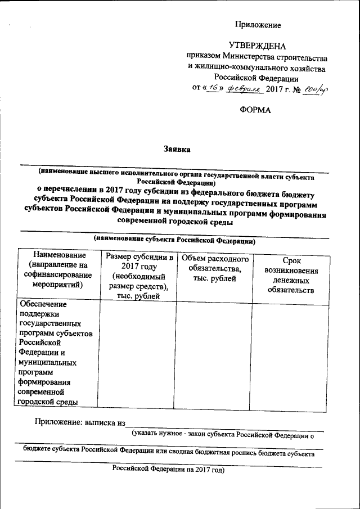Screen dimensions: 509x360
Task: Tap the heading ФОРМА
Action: click(x=255, y=110)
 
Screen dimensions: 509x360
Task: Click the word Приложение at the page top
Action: click(x=258, y=25)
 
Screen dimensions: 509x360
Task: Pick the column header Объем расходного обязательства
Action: click(x=214, y=269)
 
